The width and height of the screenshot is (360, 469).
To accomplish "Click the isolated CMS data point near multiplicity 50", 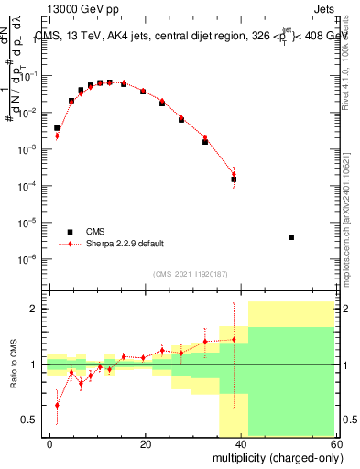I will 290,237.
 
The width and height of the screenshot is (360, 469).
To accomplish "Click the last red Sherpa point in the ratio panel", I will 234,340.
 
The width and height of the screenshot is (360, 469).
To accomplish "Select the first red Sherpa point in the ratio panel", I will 57,404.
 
